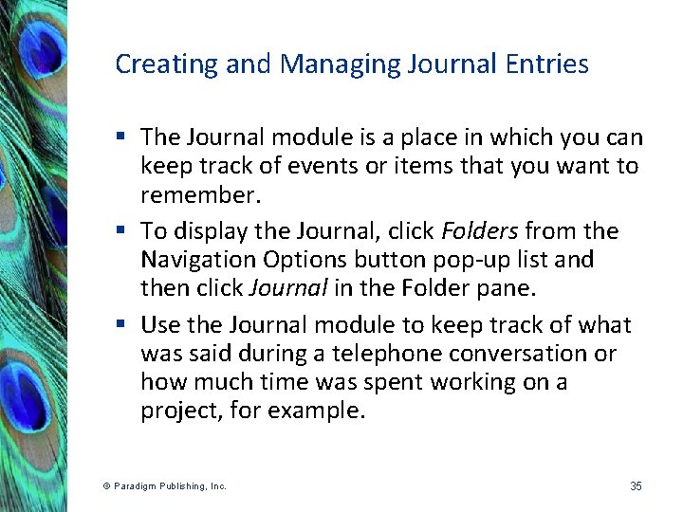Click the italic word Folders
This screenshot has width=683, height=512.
479,231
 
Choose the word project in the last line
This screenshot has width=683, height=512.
177,411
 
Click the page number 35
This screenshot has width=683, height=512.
636,486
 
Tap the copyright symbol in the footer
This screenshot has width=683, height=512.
106,486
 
